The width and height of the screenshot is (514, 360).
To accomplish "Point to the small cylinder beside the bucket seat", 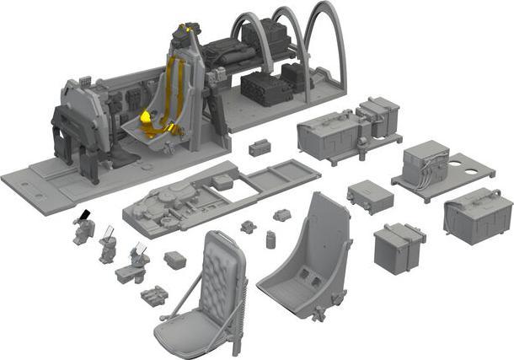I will (x=270, y=239).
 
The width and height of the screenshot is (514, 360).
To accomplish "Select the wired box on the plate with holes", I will (x=426, y=165).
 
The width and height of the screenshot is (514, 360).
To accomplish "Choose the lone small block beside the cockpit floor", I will (x=260, y=148).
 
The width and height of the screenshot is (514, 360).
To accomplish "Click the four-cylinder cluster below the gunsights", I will (x=155, y=296).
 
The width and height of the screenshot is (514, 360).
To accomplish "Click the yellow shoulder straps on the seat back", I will (x=174, y=84).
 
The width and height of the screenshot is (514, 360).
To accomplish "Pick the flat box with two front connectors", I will (x=370, y=196).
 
